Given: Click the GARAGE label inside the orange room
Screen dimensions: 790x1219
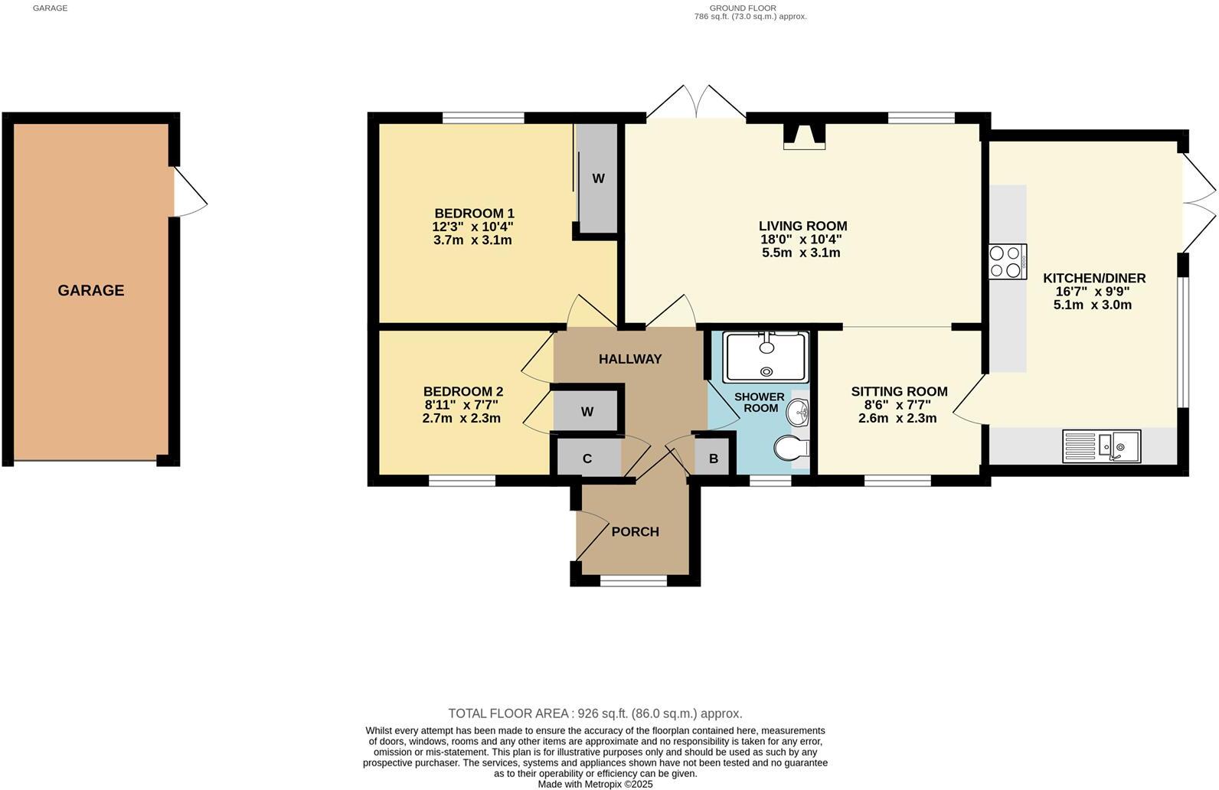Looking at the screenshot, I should point(90,290).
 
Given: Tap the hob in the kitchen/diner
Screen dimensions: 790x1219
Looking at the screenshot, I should point(1007,261).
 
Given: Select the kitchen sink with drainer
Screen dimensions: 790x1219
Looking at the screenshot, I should point(1101,446).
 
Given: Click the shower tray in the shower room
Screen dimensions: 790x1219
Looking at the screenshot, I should point(765,357).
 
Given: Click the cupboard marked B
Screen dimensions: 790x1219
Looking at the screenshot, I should point(713,459).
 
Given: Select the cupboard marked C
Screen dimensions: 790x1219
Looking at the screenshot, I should point(587,459).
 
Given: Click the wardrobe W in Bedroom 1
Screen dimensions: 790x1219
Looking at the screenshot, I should point(598,178).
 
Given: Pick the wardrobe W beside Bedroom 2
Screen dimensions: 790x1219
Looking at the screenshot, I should point(587,412).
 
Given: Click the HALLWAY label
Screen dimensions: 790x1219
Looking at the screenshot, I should point(629,359).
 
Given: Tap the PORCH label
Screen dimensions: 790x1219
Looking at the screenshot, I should point(635,532).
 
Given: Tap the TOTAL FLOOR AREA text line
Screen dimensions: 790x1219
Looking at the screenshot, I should point(595,713).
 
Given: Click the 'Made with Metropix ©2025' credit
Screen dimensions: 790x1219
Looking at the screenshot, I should point(595,784).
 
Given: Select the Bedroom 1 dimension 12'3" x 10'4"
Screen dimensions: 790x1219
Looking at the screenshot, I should point(472,227).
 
